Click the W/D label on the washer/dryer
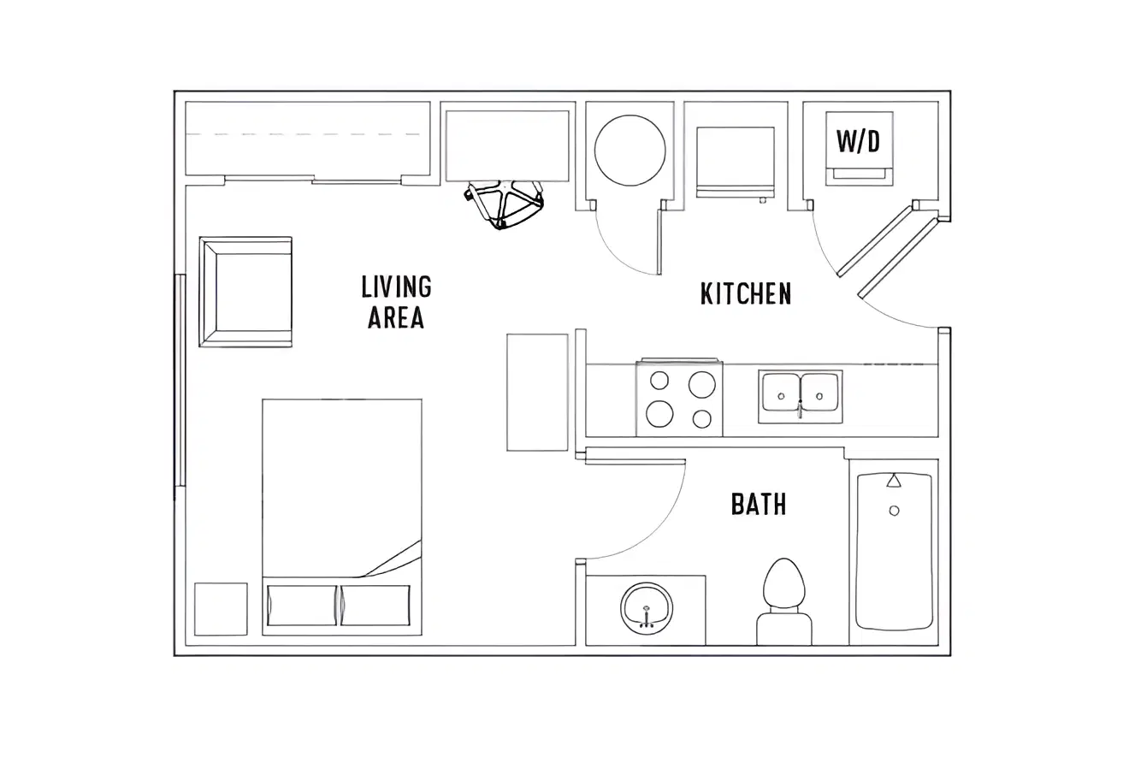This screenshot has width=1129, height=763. coord(859,141)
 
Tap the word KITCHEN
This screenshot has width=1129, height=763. coord(746,293)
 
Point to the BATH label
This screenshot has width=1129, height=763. coord(759,504)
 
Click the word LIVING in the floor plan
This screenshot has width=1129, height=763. coord(397,287)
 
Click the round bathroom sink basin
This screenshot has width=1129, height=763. coord(647,608)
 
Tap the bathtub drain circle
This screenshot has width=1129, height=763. coord(894,511)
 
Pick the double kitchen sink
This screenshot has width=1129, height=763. coord(801,397)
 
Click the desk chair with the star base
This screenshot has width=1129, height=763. coord(504,203)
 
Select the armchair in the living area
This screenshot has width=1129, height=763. coord(245,292)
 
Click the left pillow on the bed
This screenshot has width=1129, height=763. coord(301,606)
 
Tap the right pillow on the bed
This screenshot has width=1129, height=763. coord(375,606)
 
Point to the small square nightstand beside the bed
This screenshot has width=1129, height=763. coord(221,609)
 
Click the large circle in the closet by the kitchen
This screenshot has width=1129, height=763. coord(630,151)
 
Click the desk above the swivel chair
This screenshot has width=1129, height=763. coord(507,146)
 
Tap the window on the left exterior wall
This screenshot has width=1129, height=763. coord(180,381)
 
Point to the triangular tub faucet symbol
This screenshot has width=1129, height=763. coord(894,480)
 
